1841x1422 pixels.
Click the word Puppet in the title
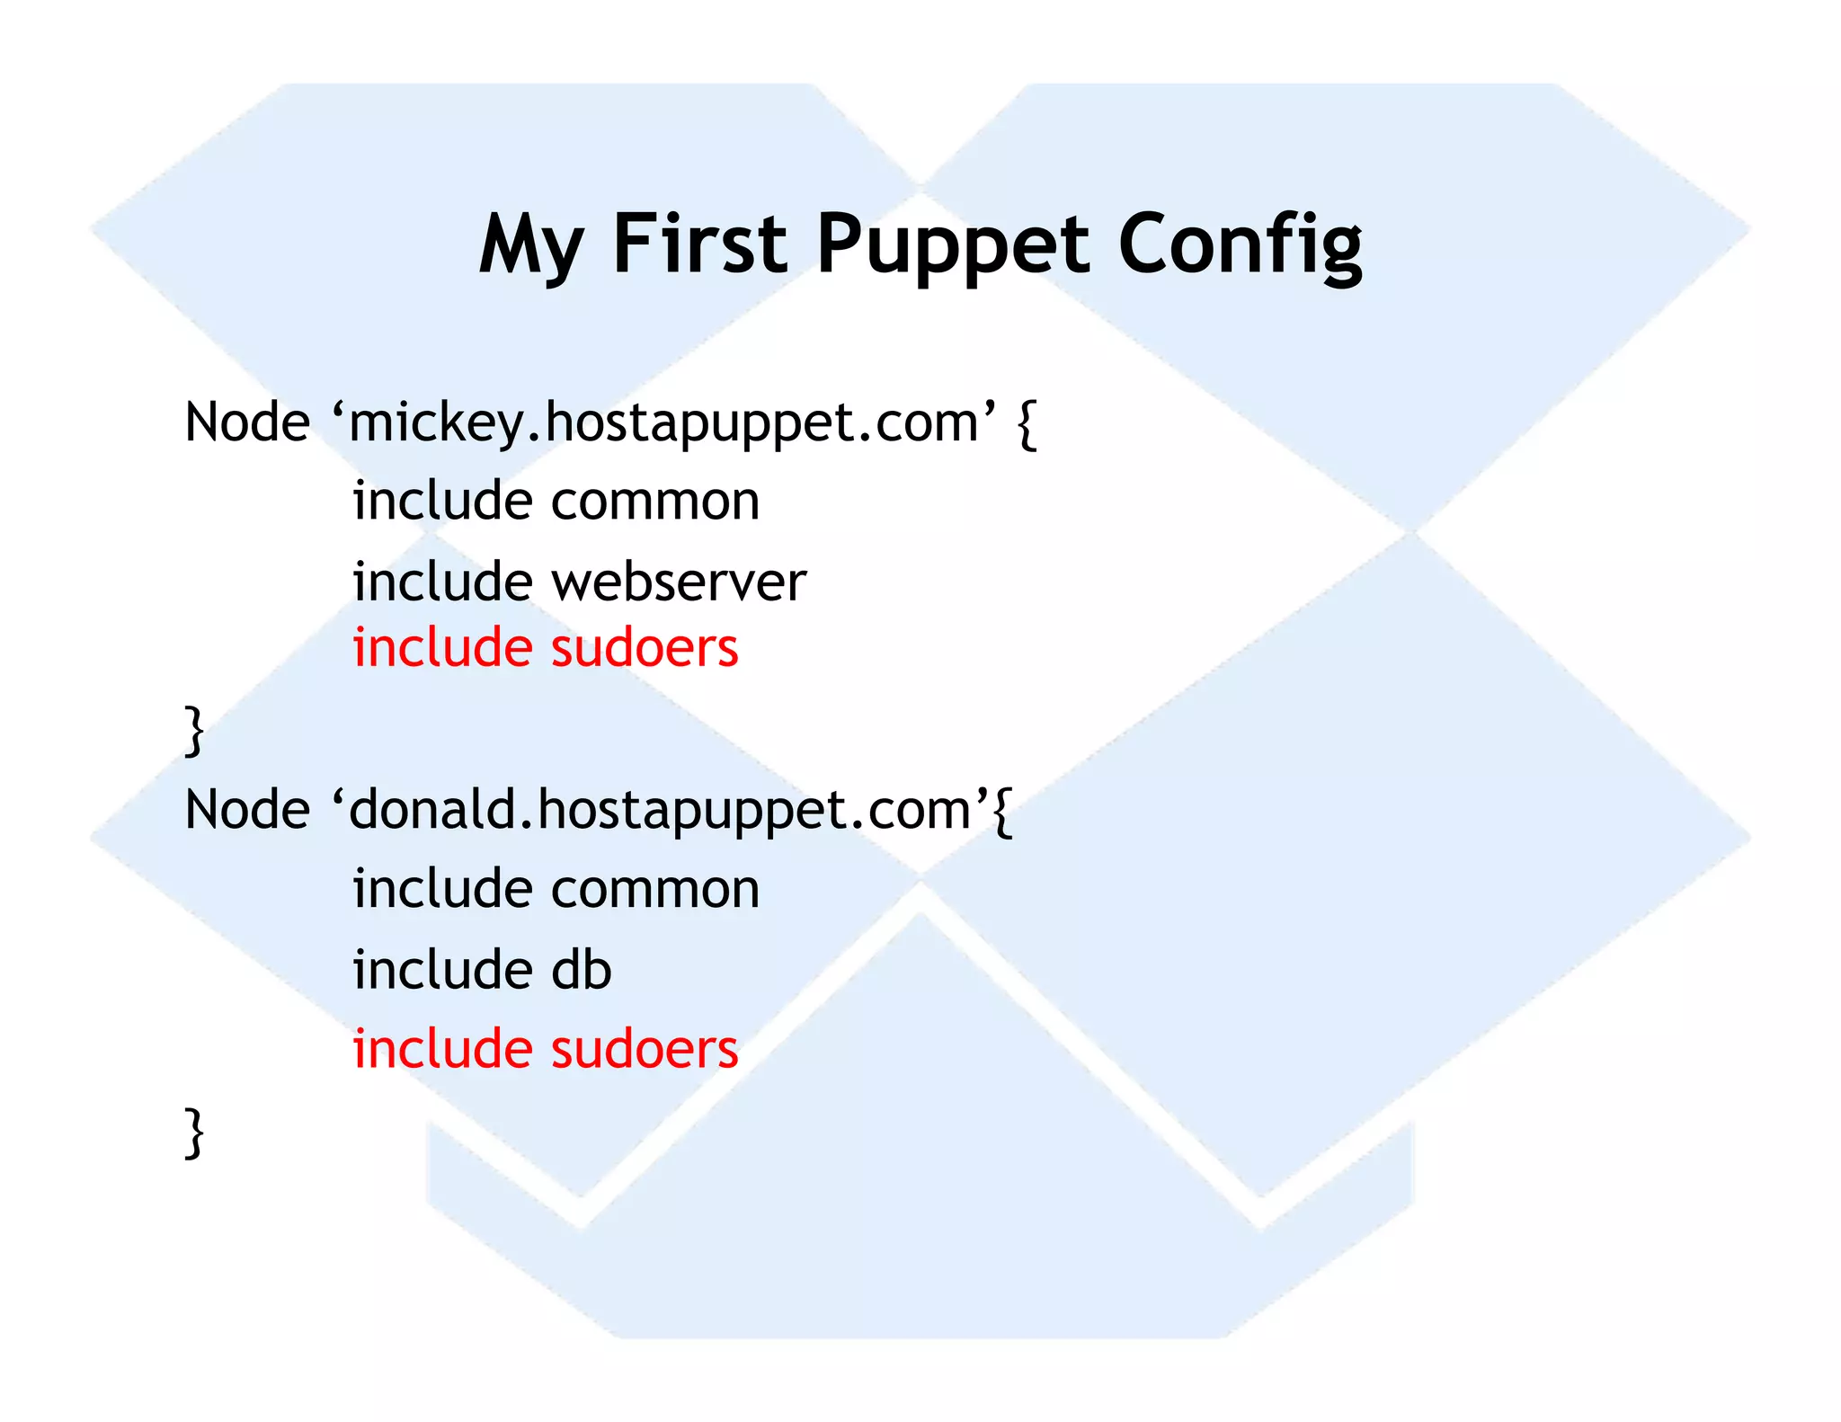[952, 244]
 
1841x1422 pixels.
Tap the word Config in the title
[1240, 244]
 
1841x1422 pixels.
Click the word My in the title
[531, 244]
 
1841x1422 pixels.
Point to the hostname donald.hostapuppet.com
[660, 810]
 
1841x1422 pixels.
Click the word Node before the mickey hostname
[247, 422]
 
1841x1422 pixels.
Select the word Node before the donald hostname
[247, 809]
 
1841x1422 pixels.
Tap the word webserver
[679, 582]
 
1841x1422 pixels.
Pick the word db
[581, 970]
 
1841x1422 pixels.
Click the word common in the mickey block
[655, 501]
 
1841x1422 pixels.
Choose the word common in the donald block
[655, 889]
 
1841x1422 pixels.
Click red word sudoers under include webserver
[644, 648]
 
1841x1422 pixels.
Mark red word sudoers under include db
[644, 1049]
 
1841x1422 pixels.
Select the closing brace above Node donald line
[194, 730]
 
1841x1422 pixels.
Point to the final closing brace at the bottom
[194, 1132]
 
